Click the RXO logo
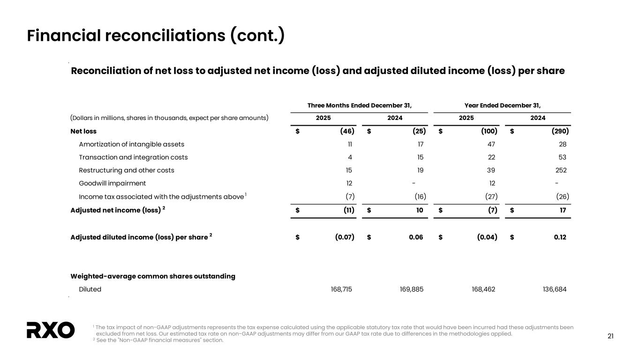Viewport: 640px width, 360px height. (51, 330)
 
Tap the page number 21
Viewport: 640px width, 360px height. (610, 336)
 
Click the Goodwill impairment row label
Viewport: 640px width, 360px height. (112, 183)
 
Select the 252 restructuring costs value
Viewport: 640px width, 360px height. (560, 170)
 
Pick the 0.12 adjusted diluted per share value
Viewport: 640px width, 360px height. (560, 237)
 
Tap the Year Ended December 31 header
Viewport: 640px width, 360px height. (502, 105)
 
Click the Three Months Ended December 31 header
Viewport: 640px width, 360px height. (360, 105)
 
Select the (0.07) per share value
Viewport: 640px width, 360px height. (344, 237)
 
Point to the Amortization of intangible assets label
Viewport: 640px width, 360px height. (131, 144)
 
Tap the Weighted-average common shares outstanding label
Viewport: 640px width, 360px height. (152, 276)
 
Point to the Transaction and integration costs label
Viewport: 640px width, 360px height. (133, 157)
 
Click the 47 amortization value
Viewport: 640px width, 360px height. (490, 144)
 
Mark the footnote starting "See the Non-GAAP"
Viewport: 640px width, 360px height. (160, 340)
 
